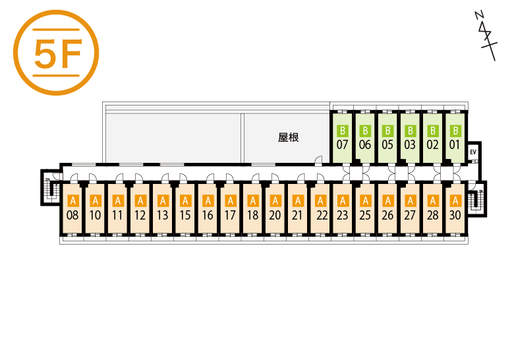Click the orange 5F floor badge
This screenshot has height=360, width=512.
tap(55, 53)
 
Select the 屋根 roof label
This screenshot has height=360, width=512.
tap(289, 138)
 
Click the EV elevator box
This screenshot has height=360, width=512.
tap(473, 152)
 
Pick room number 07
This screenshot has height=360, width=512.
tap(342, 144)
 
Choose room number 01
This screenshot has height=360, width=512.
tap(454, 144)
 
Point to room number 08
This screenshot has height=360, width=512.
tap(72, 215)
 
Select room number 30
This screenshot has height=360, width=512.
tap(454, 215)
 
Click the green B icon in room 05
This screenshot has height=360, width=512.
tap(387, 131)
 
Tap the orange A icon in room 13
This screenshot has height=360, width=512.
tap(162, 200)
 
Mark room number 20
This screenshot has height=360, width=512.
tap(275, 215)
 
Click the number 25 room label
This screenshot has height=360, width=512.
tap(364, 215)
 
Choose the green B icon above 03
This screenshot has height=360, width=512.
tap(409, 131)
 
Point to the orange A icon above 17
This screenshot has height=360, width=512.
tap(229, 200)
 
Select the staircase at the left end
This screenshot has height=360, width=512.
tap(49, 189)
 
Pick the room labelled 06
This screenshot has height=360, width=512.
tap(364, 144)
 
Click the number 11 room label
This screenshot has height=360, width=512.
tap(117, 215)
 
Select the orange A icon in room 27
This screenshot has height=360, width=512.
tap(409, 200)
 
